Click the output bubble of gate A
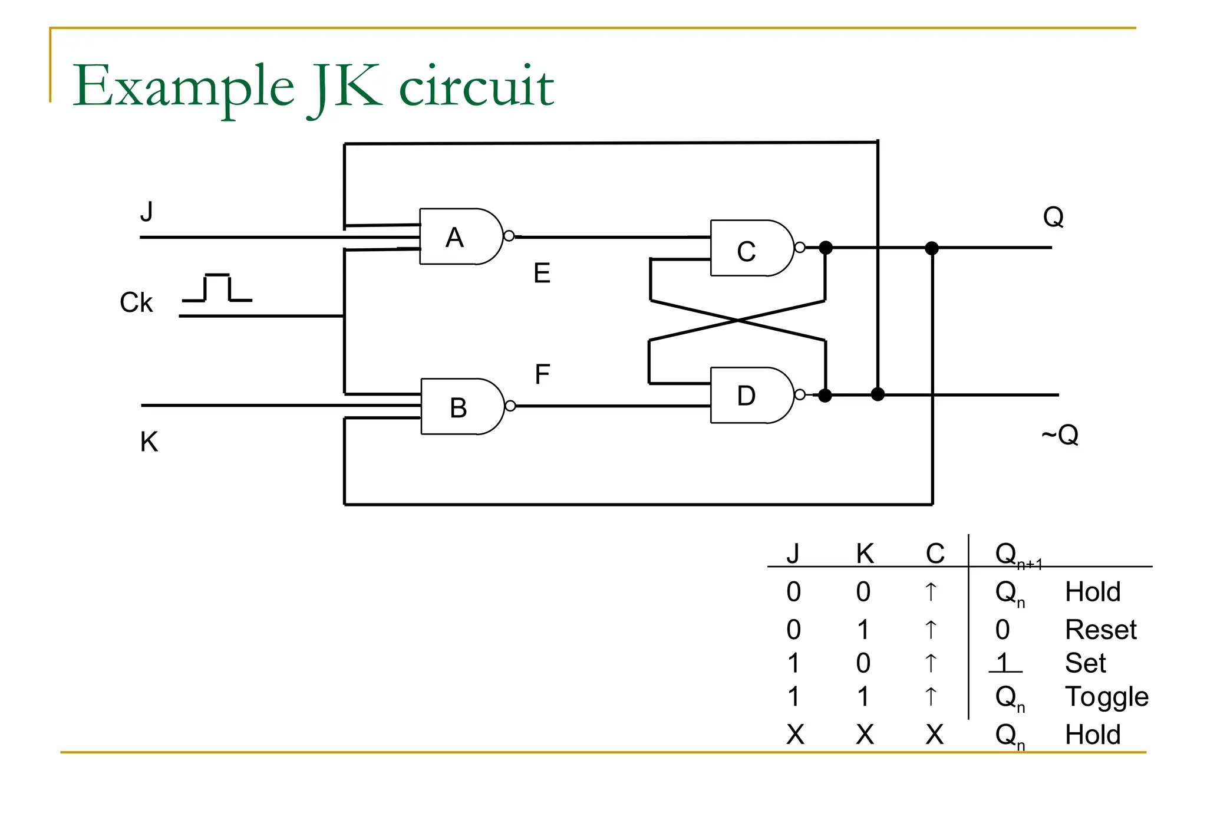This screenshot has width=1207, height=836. [509, 236]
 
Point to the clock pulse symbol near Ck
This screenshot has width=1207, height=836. [217, 288]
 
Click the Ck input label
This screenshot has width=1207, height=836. [136, 302]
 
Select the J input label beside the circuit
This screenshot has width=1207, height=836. [146, 211]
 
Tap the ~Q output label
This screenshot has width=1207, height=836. [1060, 435]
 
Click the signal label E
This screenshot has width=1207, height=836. [542, 274]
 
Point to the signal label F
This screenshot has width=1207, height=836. [542, 374]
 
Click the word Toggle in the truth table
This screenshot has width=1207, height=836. [1106, 697]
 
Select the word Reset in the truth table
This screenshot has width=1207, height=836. [1100, 630]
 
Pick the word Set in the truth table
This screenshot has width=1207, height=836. [1085, 663]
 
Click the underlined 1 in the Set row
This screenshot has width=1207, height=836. [1003, 663]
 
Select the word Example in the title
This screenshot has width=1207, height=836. [183, 87]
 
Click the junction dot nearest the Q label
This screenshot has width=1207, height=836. [932, 248]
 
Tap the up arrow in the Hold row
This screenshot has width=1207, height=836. [931, 591]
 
